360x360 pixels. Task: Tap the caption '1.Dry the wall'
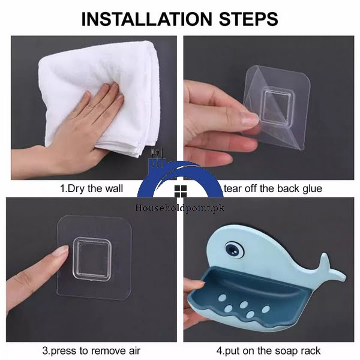tap(91, 188)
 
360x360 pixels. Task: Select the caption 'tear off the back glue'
tap(272, 188)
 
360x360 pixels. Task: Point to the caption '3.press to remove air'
tap(91, 350)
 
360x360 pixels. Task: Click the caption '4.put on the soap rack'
tap(269, 350)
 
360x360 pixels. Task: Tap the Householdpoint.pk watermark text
tap(179, 205)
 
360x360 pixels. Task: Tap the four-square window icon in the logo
tap(179, 191)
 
